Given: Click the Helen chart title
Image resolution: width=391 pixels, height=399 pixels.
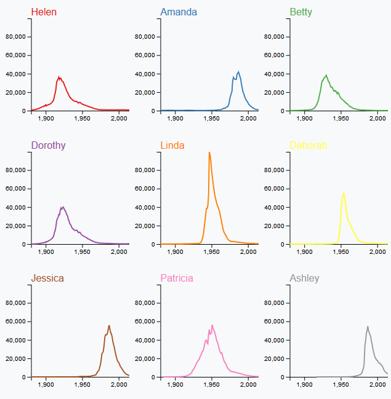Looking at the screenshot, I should (x=43, y=12).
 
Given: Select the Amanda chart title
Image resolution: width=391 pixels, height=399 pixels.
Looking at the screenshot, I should (x=179, y=12).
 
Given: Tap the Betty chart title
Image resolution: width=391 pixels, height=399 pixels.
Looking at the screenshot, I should (x=301, y=12).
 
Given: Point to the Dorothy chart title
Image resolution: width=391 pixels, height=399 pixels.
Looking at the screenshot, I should (x=48, y=146).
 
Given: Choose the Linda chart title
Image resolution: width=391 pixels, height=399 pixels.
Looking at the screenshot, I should (x=172, y=146).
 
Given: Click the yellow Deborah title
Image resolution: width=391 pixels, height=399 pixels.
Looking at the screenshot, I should (x=308, y=146).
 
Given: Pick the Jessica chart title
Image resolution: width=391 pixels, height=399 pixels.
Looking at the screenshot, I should (x=47, y=279).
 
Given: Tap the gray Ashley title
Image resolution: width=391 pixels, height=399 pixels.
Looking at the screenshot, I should (x=305, y=279).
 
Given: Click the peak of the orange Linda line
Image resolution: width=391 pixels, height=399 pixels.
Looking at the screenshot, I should (x=209, y=152).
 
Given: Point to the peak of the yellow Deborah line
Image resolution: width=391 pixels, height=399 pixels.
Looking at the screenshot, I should (x=344, y=193).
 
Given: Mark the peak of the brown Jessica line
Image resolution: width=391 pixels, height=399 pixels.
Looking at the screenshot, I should (x=109, y=326).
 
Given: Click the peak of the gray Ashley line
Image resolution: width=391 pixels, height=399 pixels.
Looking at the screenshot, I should (x=368, y=327).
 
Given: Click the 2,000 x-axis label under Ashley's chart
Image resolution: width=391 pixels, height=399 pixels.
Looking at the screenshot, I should (x=378, y=385).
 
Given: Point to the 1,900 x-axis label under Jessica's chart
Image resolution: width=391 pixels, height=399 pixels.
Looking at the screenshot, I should (x=46, y=385).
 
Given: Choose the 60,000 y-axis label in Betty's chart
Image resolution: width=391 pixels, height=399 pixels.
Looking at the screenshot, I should (x=273, y=55).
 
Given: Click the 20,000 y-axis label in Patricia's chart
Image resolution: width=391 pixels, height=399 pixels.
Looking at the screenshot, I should (x=144, y=358).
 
